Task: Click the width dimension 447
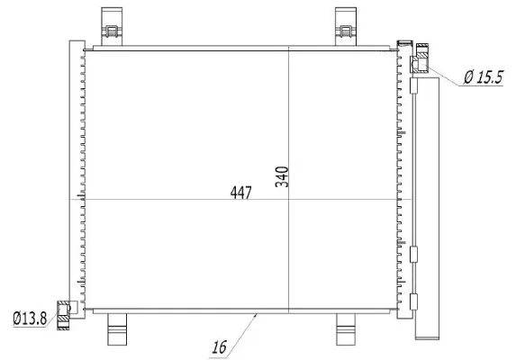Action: (240, 192)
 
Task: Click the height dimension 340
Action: (282, 174)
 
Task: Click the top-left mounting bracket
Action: (113, 28)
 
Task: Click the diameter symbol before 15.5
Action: (468, 78)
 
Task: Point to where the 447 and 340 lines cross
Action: (288, 199)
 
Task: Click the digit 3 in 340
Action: (282, 184)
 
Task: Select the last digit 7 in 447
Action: (248, 192)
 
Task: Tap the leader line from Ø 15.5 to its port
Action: (443, 71)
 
